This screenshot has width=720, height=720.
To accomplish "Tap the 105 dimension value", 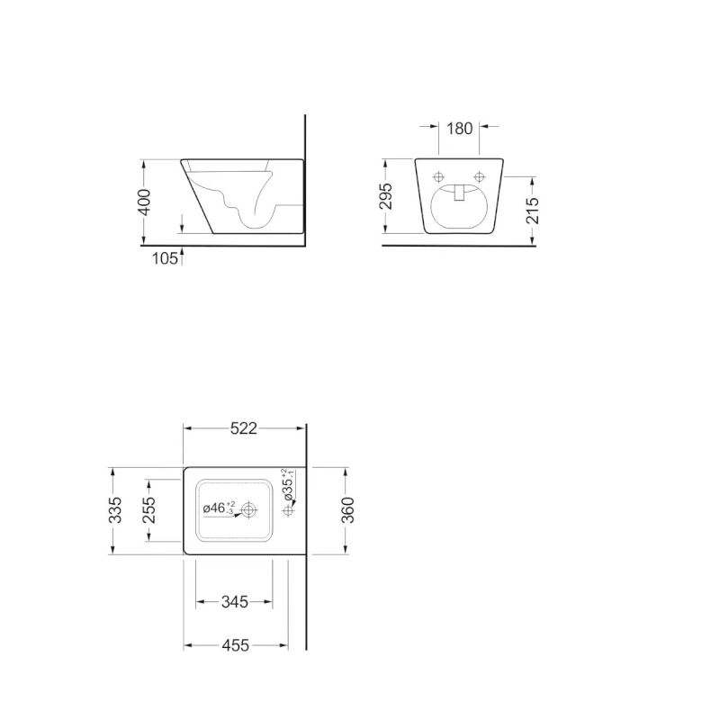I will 164,258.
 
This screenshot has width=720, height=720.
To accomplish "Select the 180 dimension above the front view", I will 459,128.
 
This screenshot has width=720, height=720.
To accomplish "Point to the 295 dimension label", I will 386,196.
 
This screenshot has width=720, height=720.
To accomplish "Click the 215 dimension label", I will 532,210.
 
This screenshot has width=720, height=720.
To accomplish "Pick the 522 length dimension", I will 244,428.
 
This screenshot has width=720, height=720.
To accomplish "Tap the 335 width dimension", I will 114,510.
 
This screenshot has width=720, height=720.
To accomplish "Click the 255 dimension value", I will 150,510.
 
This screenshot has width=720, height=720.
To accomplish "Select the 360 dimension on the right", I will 348,509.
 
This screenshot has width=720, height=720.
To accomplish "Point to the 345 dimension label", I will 235,602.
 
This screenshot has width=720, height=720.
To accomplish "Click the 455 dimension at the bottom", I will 235,645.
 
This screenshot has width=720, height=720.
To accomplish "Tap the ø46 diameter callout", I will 217,508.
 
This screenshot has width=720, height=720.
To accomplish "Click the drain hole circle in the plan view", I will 248,510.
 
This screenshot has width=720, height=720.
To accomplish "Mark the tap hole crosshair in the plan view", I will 288,511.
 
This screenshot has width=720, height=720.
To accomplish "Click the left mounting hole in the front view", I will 439,176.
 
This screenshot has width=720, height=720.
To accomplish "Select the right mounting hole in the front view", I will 479,176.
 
